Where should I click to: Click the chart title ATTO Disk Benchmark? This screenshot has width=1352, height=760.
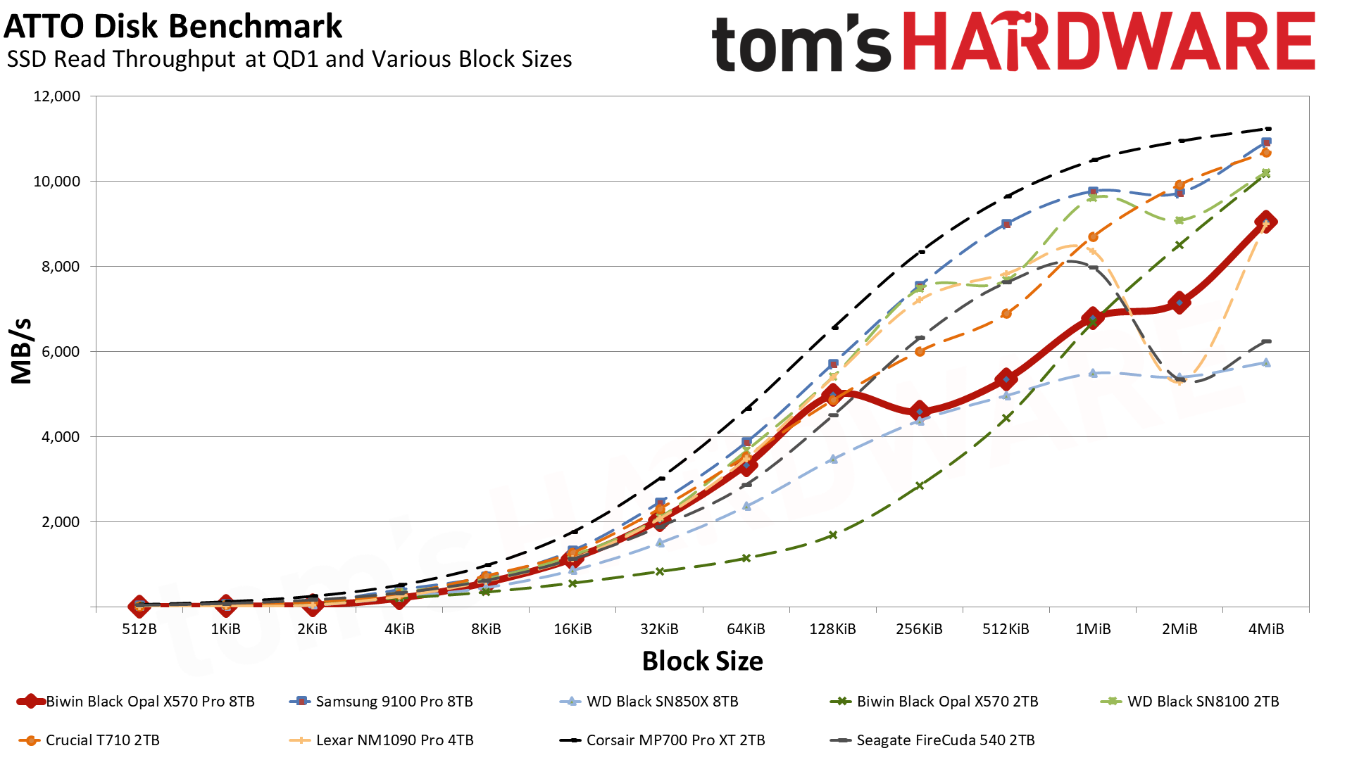(x=173, y=27)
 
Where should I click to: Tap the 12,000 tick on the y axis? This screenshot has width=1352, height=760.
(x=57, y=96)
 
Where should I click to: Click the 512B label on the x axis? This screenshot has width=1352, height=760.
(x=139, y=629)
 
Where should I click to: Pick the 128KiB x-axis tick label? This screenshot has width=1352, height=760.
(x=832, y=629)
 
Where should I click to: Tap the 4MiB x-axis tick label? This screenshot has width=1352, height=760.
(x=1265, y=629)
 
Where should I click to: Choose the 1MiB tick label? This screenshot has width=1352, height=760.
(x=1092, y=629)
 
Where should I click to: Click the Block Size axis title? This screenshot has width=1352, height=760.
(x=702, y=661)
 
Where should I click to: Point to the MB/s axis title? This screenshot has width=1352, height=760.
(x=22, y=351)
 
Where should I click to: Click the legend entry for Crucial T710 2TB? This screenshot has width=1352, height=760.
(x=102, y=740)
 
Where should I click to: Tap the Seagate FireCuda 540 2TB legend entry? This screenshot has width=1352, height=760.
(x=945, y=740)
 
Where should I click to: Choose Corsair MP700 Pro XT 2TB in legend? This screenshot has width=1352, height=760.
(x=675, y=740)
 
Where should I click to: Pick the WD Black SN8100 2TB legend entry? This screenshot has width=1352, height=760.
(x=1203, y=702)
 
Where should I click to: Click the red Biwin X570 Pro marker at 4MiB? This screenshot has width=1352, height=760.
(x=1265, y=222)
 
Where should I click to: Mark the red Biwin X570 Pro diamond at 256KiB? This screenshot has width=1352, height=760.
(x=919, y=411)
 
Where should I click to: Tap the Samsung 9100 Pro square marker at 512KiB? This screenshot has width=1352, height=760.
(x=1006, y=224)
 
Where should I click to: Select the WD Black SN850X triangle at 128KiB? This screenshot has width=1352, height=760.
(x=833, y=459)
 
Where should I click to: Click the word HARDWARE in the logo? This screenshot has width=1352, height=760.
(x=1108, y=42)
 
